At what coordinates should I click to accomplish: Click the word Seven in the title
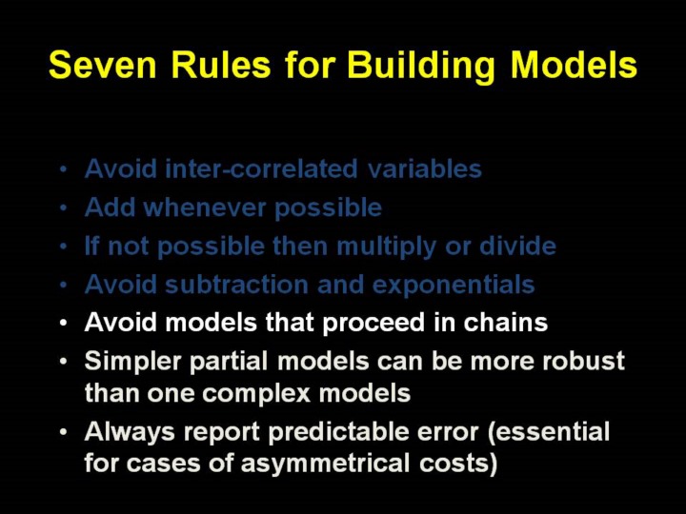tap(102, 65)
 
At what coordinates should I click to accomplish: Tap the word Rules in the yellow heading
tap(220, 65)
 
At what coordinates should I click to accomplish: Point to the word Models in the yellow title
tap(574, 65)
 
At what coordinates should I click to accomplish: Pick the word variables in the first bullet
tap(424, 168)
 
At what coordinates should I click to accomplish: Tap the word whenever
tap(205, 208)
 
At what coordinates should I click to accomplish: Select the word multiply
tap(386, 247)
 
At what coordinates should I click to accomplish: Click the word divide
tap(517, 246)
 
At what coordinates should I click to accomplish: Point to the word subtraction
tap(236, 284)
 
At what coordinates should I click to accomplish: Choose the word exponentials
tap(454, 286)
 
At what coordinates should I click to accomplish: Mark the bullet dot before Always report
tap(64, 432)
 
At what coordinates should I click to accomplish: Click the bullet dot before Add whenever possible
tap(64, 208)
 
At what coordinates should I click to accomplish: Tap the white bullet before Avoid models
tap(64, 323)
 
